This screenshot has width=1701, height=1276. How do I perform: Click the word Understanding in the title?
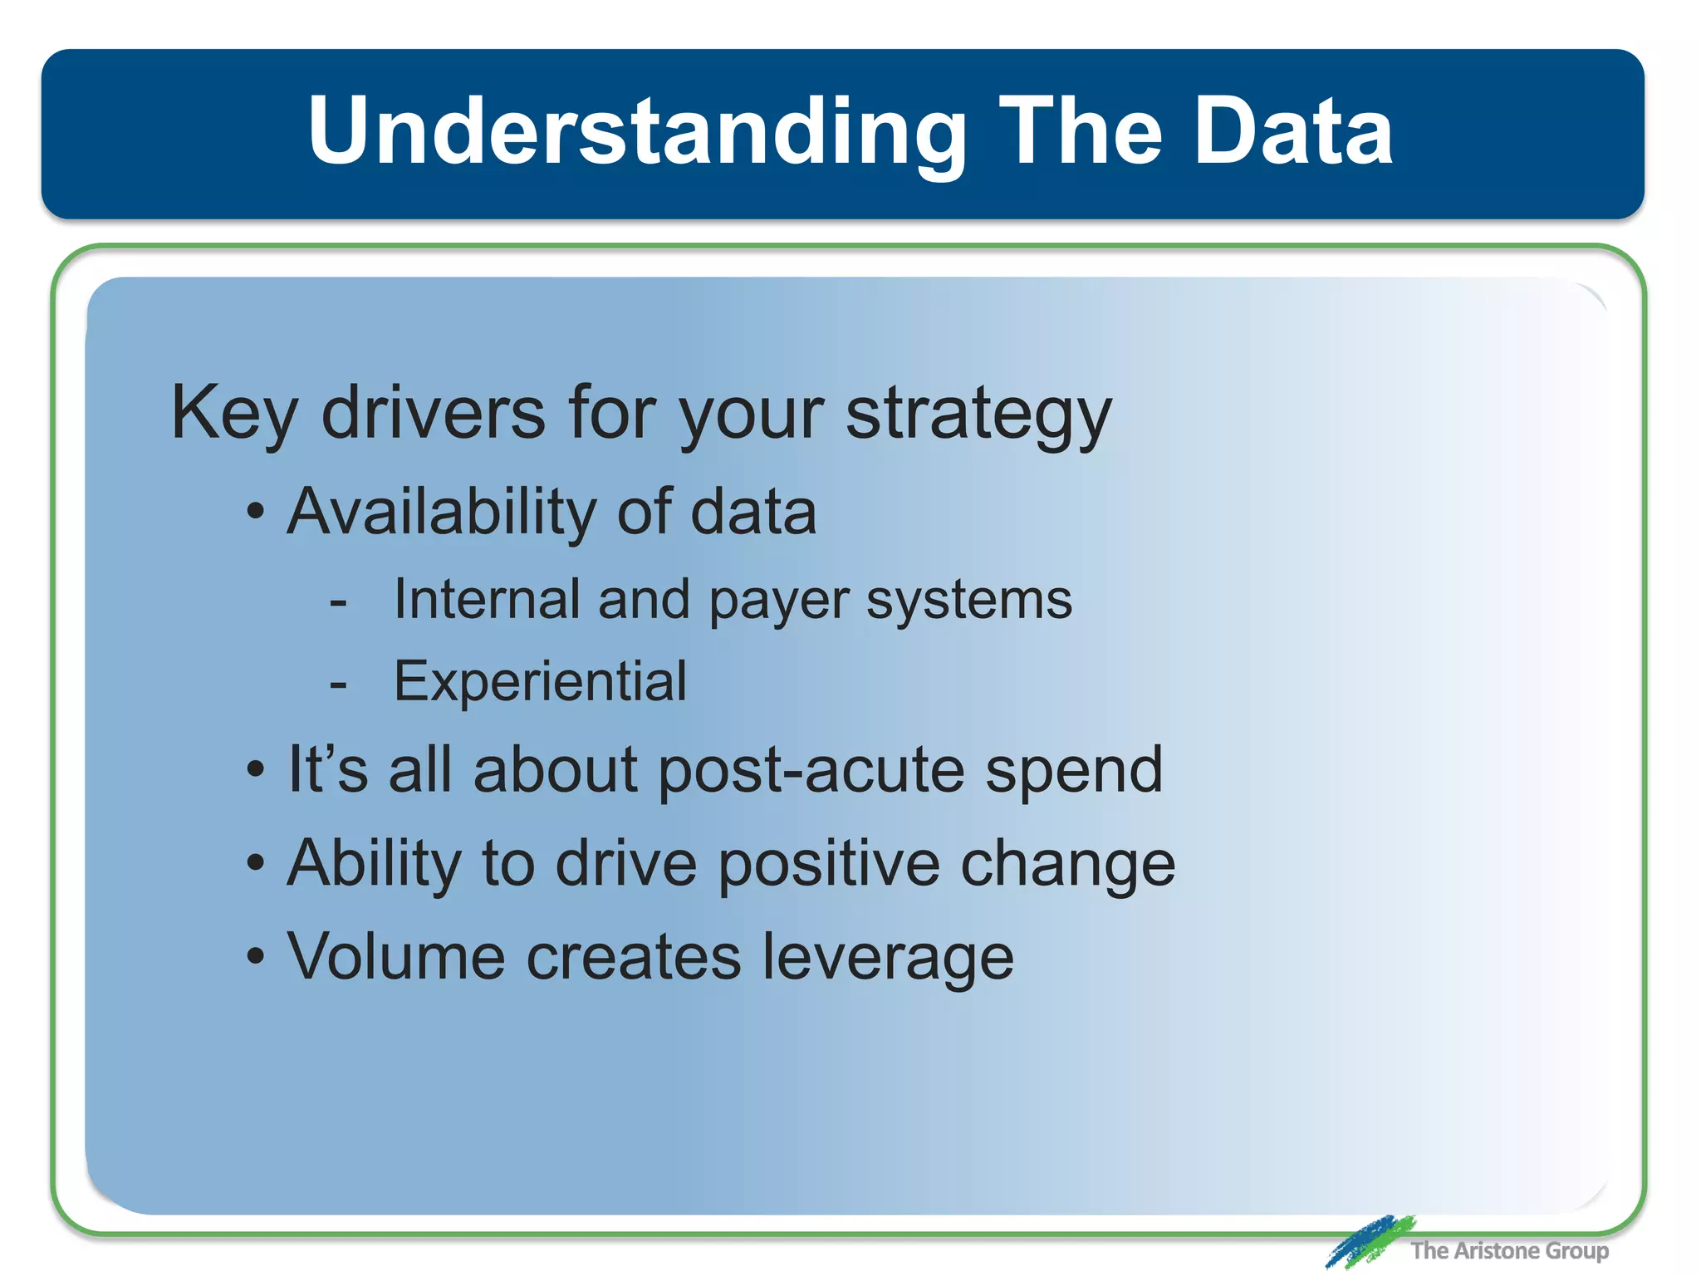click(636, 131)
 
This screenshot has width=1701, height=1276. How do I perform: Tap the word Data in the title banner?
click(1292, 131)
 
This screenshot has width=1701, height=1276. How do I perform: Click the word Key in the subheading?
click(233, 414)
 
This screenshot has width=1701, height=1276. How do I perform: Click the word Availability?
click(441, 512)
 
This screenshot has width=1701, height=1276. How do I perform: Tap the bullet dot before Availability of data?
click(256, 512)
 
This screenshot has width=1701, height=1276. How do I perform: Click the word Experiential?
click(540, 682)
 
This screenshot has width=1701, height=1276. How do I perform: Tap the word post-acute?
click(811, 771)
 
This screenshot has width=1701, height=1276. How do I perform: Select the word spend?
click(1074, 771)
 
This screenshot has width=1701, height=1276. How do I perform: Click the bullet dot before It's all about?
click(256, 769)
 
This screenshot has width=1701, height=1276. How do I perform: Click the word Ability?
click(374, 865)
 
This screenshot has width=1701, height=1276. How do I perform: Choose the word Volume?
click(396, 957)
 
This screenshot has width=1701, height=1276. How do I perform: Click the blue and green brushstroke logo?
click(1368, 1241)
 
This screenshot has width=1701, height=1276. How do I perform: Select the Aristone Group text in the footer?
click(1509, 1250)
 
